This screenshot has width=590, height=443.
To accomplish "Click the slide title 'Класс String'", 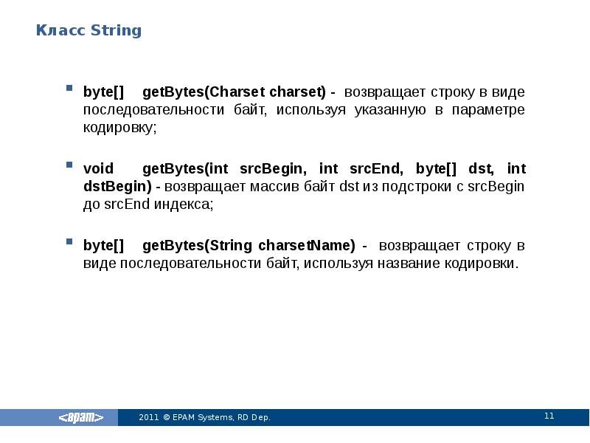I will [89, 31].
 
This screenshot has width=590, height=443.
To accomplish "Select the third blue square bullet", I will [69, 241].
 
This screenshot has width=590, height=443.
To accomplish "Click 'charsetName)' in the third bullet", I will [313, 245].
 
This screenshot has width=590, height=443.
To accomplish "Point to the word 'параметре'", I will [489, 110].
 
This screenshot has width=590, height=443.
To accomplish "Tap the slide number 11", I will [549, 416].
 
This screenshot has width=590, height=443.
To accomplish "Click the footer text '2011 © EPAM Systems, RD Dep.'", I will [205, 418].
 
